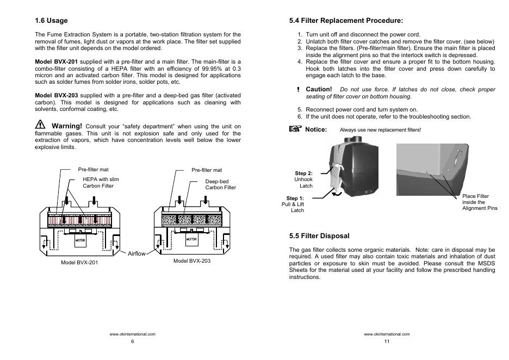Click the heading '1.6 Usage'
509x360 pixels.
click(51, 21)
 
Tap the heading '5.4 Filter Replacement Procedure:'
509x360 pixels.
click(346, 21)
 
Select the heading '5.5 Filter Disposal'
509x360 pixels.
click(319, 236)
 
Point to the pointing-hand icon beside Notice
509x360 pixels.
click(295, 129)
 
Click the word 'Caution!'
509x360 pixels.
click(319, 89)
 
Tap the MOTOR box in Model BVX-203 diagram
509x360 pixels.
click(192, 238)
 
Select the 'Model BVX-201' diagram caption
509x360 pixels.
click(79, 262)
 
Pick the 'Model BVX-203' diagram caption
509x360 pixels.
click(192, 261)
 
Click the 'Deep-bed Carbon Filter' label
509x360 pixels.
click(220, 184)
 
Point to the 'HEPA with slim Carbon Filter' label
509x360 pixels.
click(101, 182)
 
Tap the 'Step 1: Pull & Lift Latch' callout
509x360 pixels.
click(294, 204)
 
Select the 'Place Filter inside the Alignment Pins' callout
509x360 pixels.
click(479, 202)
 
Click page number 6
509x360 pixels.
click(132, 342)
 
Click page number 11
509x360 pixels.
click(387, 342)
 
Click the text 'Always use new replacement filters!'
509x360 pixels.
click(380, 130)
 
